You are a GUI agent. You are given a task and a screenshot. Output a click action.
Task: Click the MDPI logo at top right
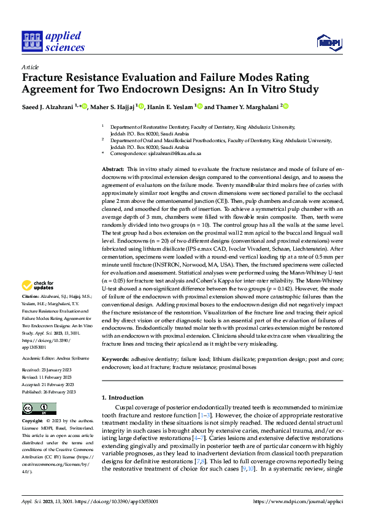click(x=329, y=41)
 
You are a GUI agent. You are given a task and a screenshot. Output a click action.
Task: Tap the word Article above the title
click(x=30, y=67)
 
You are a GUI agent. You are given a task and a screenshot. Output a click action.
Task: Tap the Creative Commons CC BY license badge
click(x=39, y=408)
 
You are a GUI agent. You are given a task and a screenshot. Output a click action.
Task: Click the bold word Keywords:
click(x=116, y=358)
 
